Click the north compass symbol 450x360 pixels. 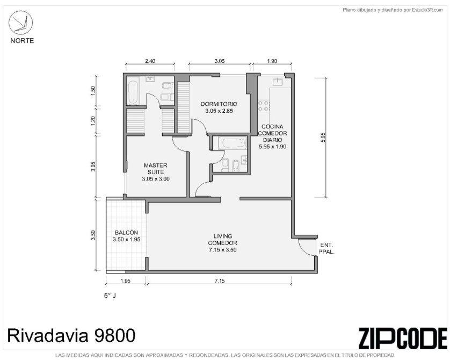coord(20,23)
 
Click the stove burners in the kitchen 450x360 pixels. coord(264,105)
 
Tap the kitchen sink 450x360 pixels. coord(278,82)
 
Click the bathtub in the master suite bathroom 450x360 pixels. coord(133,91)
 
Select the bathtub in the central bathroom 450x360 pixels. coord(232,143)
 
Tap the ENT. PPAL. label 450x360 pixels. coord(326,249)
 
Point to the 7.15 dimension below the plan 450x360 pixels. coord(220,281)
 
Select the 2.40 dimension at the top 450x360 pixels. coord(150,61)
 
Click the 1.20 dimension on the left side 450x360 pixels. coord(93,120)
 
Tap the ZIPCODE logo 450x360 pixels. coord(403,338)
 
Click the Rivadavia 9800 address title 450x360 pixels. coord(71,335)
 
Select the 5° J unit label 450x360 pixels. coord(110,296)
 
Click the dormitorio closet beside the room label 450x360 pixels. coord(184,107)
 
